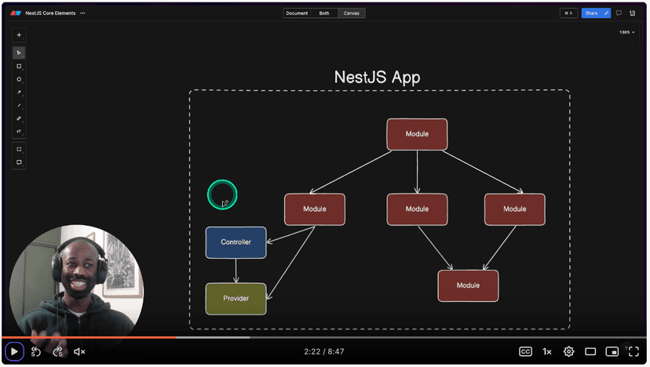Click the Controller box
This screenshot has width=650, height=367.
(236, 242)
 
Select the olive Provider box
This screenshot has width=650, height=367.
(236, 299)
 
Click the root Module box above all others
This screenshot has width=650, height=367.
(417, 134)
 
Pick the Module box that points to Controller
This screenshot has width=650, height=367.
(314, 209)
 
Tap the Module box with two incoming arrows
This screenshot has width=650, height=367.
(468, 285)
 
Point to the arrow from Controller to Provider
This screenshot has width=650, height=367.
(236, 271)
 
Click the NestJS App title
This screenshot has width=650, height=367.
(377, 78)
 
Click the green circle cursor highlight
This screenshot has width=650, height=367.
(222, 194)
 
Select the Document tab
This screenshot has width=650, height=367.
(297, 13)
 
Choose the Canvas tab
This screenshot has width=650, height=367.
(352, 13)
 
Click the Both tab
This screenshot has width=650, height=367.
(324, 13)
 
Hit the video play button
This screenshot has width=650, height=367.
(14, 352)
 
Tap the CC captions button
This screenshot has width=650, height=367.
(525, 352)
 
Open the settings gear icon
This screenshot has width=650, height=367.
(569, 352)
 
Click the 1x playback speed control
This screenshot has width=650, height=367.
(547, 352)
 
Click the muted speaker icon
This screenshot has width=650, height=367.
(79, 352)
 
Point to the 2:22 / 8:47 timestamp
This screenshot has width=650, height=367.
(324, 352)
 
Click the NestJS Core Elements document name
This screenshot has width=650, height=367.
(50, 13)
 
